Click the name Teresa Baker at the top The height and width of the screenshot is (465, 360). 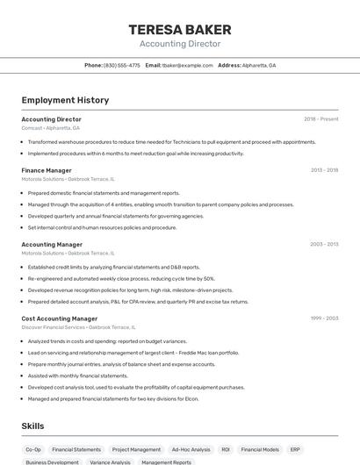pos(179,29)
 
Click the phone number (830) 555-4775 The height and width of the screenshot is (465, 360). pos(122,65)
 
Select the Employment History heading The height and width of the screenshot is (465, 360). pos(65,100)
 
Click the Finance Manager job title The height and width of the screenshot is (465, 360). pos(47,170)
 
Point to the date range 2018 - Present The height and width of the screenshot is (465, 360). pos(320,119)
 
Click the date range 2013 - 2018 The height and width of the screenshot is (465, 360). pos(324,170)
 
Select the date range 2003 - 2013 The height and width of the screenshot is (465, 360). pos(324,245)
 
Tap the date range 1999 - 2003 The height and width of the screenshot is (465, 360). pos(324,318)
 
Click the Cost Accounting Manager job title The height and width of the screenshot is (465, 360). pos(60,318)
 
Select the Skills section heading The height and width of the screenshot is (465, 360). pos(32,426)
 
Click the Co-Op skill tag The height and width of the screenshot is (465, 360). pos(33,449)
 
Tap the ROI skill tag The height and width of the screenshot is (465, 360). pos(226,449)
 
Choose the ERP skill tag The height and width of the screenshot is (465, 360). pos(295,449)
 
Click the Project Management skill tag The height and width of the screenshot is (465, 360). pos(136,449)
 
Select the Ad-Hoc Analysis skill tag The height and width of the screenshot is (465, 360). pos(191,449)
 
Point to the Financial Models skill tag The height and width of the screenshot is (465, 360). pos(260,449)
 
